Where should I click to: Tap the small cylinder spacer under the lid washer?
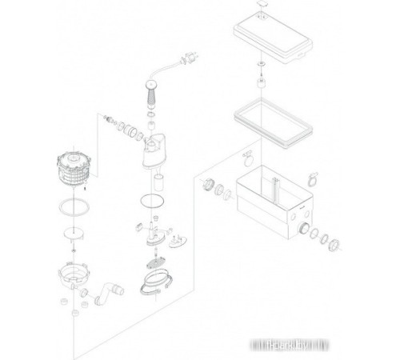click(x=260, y=81)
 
